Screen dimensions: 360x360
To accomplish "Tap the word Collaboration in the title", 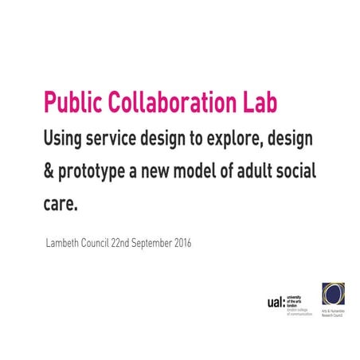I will tap(169, 104).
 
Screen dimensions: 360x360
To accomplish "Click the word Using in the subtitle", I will tap(65, 139).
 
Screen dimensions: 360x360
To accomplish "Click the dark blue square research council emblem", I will tap(333, 293).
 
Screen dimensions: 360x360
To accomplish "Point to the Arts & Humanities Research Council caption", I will tap(333, 313).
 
